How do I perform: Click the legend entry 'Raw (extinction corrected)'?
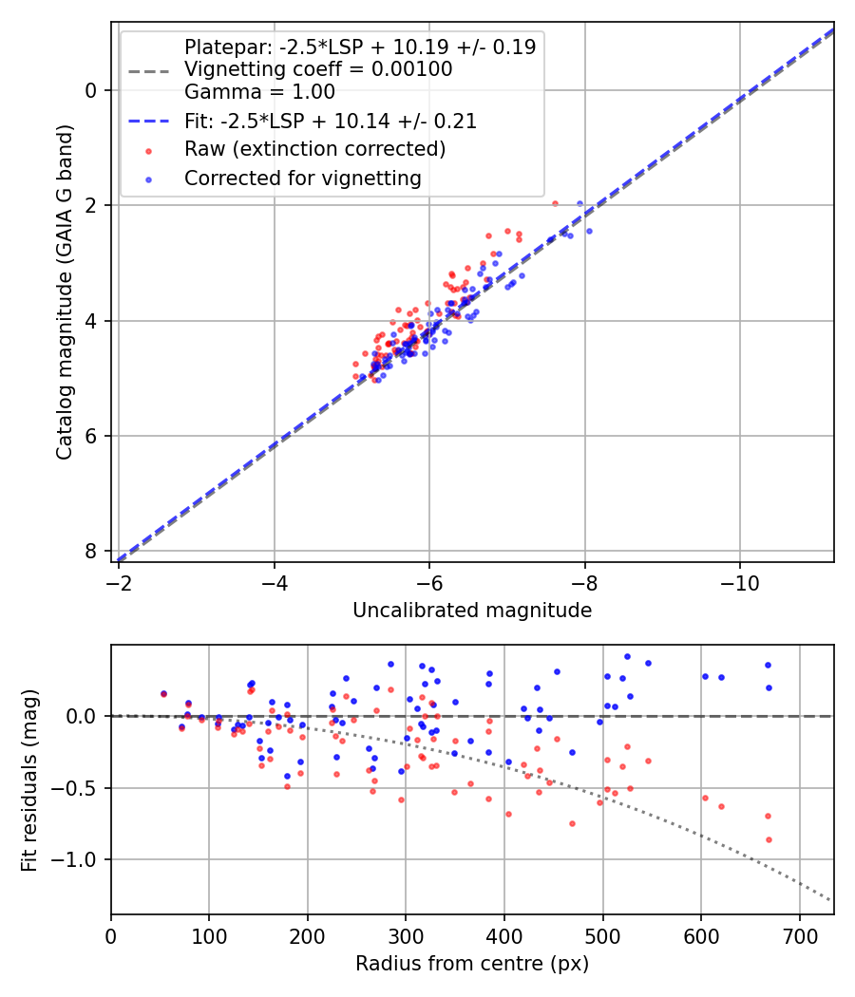(x=314, y=149)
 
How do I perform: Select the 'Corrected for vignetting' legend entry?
(x=302, y=178)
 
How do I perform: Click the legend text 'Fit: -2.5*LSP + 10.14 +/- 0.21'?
(x=330, y=122)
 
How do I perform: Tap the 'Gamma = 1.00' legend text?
(x=259, y=93)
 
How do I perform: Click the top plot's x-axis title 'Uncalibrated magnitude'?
(x=472, y=611)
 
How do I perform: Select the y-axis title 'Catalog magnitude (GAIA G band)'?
(x=65, y=321)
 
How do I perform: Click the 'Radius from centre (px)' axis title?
(x=472, y=964)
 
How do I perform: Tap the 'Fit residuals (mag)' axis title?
(x=29, y=781)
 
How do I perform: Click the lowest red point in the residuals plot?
(x=769, y=839)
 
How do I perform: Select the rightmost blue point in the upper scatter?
(x=589, y=231)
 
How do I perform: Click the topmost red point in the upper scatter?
(x=555, y=203)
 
